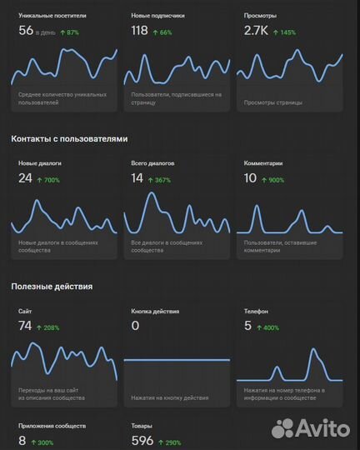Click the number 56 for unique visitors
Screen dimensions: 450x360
26,31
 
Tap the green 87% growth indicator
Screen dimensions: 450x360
68,32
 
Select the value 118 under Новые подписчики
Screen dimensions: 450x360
140,31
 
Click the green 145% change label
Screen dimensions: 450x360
284,32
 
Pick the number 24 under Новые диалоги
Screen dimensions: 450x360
25,178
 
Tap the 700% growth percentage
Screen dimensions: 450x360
48,180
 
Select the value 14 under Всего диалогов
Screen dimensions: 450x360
137,178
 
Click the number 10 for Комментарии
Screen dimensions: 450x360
250,178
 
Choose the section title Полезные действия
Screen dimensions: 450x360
52,286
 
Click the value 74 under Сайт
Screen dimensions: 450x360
25,326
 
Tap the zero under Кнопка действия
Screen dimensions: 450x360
135,326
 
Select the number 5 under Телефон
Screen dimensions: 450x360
247,326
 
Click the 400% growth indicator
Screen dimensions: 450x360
267,327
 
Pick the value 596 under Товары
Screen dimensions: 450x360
143,441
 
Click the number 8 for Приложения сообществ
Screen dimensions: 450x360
22,441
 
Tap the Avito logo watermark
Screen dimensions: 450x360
311,429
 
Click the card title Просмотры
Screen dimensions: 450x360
261,16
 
